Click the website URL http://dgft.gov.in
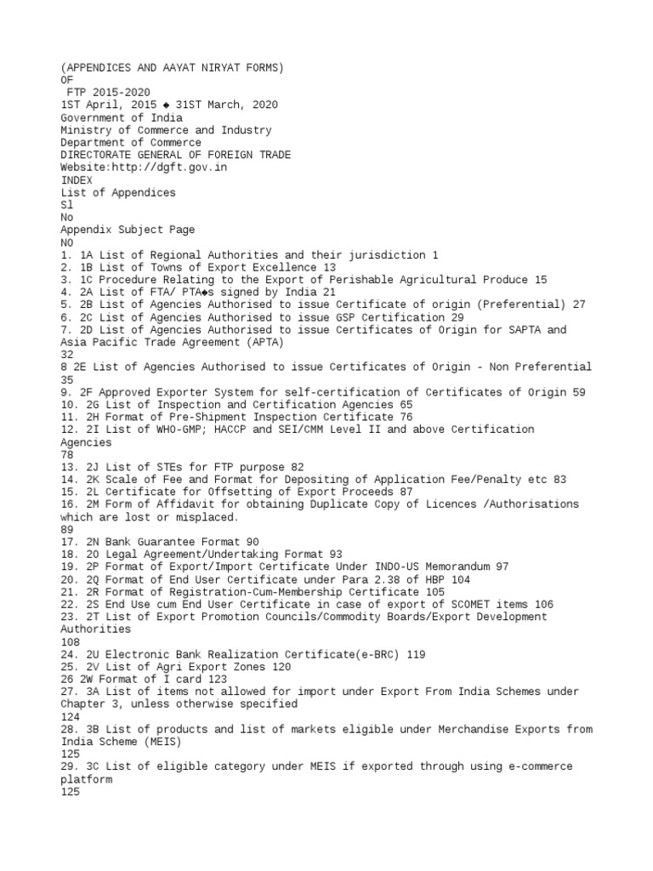tap(168, 168)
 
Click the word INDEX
tap(76, 180)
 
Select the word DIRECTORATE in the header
tap(94, 155)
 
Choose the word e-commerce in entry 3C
tap(543, 766)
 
